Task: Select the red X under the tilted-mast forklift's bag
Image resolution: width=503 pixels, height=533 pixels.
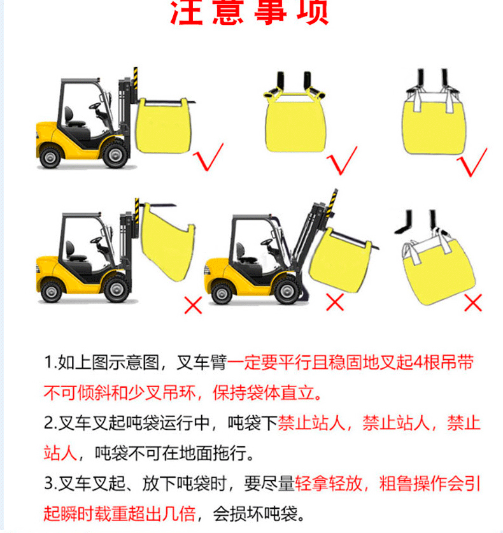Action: coord(335,302)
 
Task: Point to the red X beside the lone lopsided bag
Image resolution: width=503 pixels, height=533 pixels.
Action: coord(473,302)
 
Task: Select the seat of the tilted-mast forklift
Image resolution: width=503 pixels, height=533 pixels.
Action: coord(243,253)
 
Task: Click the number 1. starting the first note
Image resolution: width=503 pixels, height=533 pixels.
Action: coord(50,364)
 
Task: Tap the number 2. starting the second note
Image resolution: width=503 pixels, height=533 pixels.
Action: coord(50,423)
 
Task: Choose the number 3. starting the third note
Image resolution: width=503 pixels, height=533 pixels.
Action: coord(50,483)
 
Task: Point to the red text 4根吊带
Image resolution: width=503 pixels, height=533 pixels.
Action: coord(443,364)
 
